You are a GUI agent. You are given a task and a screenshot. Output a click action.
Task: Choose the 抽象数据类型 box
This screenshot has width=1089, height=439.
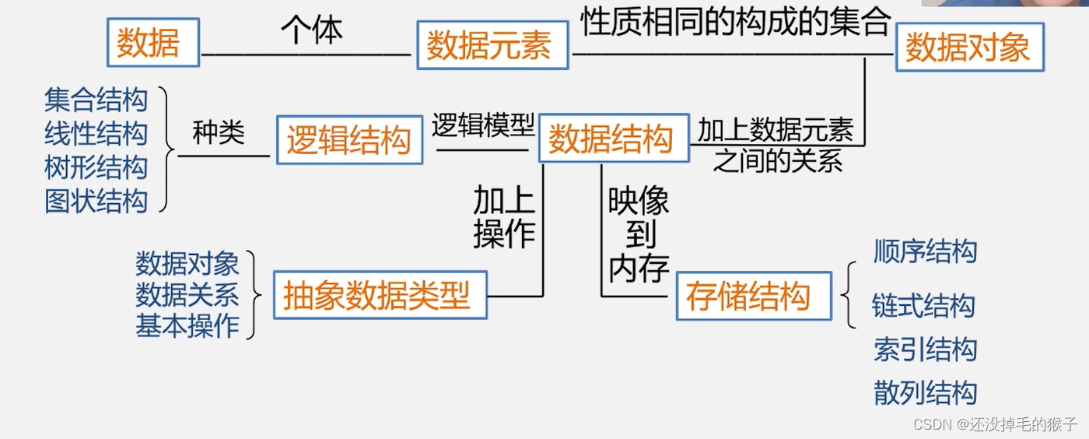pyautogui.click(x=379, y=295)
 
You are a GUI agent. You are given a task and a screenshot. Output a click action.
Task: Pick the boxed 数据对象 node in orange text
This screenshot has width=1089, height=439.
pyautogui.click(x=968, y=47)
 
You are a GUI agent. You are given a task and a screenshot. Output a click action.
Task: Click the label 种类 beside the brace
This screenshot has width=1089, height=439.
pyautogui.click(x=219, y=134)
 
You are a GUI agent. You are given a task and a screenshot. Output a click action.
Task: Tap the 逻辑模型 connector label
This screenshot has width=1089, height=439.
pyautogui.click(x=483, y=125)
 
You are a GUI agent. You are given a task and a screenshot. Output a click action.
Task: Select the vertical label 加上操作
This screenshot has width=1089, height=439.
pyautogui.click(x=505, y=218)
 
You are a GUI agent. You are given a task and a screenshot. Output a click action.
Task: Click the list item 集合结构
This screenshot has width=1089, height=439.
pyautogui.click(x=96, y=100)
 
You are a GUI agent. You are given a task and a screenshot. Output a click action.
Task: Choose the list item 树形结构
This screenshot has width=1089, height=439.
pyautogui.click(x=96, y=167)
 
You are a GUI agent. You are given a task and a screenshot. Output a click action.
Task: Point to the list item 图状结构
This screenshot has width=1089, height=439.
pyautogui.click(x=96, y=201)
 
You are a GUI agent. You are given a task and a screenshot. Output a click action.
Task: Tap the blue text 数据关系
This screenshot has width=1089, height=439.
pyautogui.click(x=187, y=295)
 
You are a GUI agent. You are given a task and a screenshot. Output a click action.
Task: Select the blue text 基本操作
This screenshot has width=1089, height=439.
pyautogui.click(x=187, y=326)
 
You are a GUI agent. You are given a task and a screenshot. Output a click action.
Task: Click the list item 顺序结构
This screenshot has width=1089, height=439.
pyautogui.click(x=925, y=251)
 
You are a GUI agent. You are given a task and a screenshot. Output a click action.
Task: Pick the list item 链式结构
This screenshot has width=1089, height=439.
pyautogui.click(x=923, y=306)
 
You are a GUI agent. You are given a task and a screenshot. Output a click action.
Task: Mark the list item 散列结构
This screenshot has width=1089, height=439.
pyautogui.click(x=925, y=392)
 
